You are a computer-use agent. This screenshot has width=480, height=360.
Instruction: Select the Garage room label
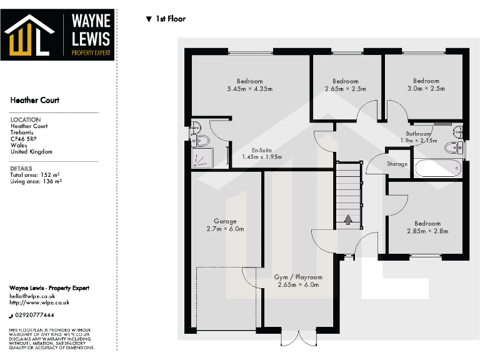(225, 221)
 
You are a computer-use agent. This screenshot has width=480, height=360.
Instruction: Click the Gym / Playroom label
(298, 277)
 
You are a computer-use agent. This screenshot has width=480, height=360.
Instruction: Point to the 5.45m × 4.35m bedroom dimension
(250, 89)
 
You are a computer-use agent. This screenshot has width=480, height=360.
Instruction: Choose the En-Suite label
(261, 150)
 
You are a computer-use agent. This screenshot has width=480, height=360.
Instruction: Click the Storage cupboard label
(397, 164)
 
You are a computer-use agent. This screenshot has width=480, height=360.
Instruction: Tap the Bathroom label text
(419, 134)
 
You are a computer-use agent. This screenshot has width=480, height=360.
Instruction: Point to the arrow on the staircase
(348, 219)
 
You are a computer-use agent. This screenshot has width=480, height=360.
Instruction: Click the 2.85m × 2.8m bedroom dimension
(427, 231)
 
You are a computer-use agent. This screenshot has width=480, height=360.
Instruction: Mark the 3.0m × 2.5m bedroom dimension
(426, 89)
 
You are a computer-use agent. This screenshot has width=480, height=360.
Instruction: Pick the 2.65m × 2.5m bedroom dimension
(345, 89)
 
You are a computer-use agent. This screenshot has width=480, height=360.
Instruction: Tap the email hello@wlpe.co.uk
(32, 296)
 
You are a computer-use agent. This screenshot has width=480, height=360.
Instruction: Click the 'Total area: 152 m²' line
(35, 175)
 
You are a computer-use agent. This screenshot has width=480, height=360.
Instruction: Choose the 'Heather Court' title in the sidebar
(35, 100)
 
